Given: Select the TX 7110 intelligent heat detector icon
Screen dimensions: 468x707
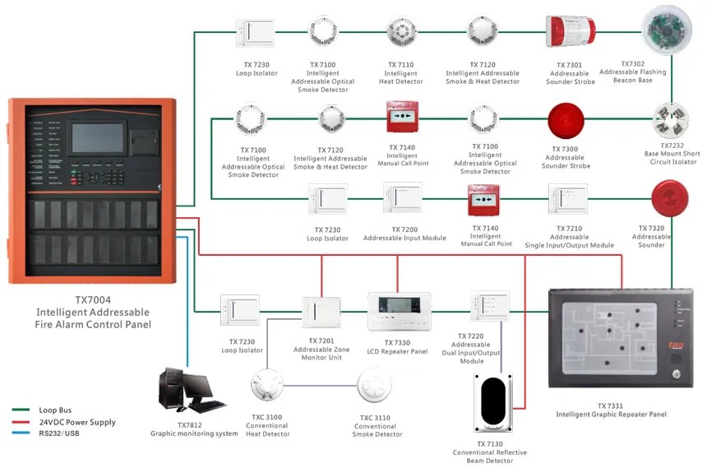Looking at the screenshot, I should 401,31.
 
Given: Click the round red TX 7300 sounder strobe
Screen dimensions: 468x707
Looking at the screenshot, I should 565,120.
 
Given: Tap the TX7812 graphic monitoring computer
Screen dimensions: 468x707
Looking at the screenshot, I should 188,391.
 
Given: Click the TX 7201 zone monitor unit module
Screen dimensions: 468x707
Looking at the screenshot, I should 321,312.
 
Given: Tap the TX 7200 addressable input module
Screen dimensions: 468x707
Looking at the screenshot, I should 403,198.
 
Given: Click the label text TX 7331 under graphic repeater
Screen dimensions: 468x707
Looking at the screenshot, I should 611,405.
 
